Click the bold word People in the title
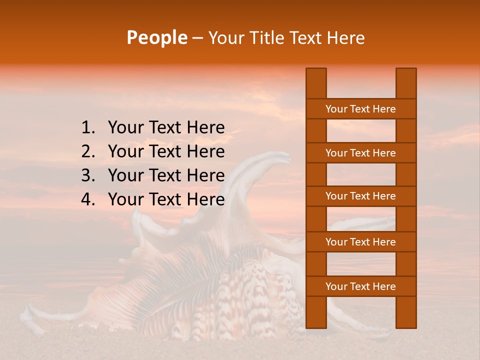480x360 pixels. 156,37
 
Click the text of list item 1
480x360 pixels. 166,128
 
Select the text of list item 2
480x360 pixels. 166,151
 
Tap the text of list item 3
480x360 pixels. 166,175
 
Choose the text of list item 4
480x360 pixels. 166,199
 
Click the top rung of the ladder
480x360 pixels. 360,109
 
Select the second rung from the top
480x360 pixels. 360,153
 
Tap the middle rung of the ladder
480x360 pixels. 360,196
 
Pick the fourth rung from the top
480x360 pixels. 360,242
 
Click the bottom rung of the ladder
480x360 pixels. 360,286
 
